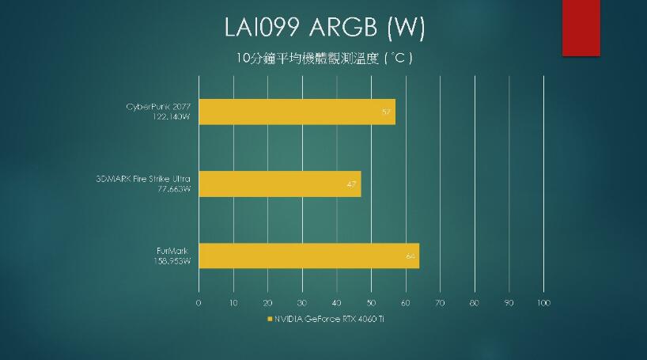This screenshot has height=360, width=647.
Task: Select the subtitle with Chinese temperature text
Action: click(324, 58)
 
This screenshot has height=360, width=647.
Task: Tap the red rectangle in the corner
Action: click(581, 28)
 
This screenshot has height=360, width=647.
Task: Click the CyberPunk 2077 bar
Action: click(297, 112)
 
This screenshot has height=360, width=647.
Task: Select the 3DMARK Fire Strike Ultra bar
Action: click(279, 184)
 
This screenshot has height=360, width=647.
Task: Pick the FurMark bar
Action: click(308, 256)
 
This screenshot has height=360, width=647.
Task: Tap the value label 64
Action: click(411, 256)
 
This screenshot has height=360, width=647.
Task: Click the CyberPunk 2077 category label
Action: click(158, 106)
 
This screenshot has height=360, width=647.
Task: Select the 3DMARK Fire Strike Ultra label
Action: click(142, 179)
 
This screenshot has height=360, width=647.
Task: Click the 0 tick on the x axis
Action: click(198, 303)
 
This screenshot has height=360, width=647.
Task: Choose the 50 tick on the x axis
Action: click(371, 303)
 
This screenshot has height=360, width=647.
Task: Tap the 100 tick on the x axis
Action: click(543, 303)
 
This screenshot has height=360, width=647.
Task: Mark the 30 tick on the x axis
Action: click(302, 303)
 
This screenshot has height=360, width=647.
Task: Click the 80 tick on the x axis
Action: click(475, 303)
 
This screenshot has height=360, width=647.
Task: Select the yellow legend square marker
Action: click(269, 320)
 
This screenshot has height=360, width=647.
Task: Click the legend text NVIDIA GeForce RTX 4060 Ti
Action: click(328, 320)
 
